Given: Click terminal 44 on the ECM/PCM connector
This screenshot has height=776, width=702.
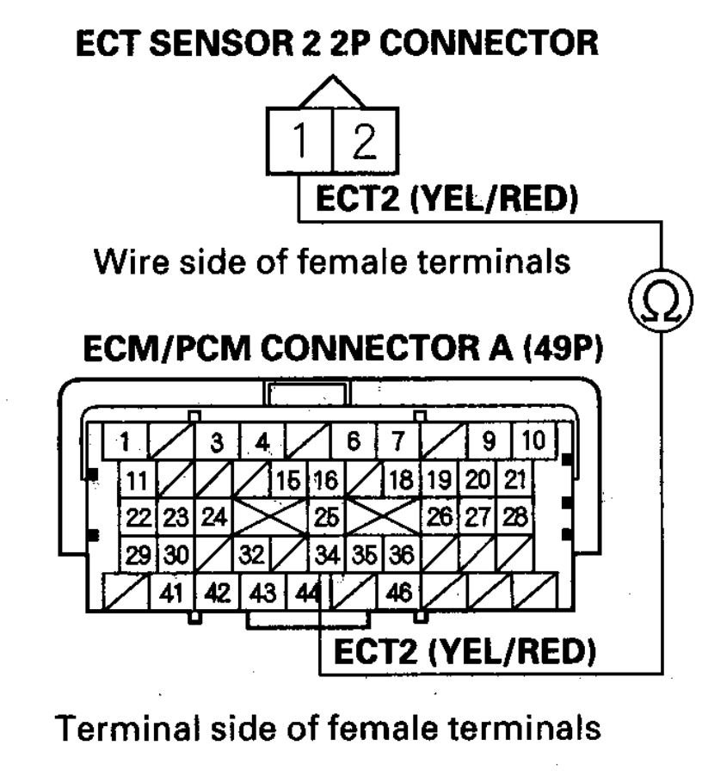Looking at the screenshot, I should coord(305,592).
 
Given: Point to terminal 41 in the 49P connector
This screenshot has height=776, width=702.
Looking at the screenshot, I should coord(172,592).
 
